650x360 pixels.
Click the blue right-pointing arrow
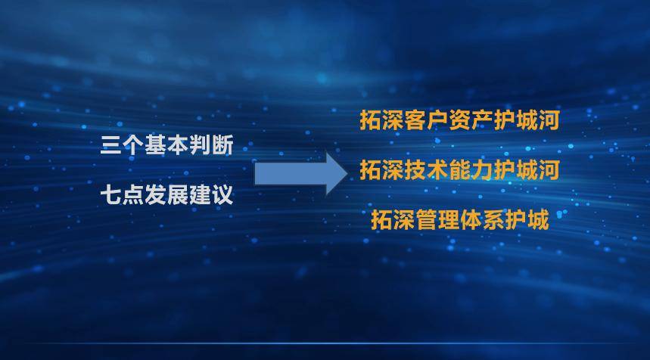(301, 174)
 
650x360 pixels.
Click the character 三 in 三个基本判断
(111, 145)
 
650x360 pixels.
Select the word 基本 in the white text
(166, 145)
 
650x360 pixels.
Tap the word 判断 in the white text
(211, 145)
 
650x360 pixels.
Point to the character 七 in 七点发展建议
(111, 194)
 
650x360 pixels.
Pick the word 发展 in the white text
(166, 194)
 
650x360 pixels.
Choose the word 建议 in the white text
(211, 194)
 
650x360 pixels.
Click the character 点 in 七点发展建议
(133, 194)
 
